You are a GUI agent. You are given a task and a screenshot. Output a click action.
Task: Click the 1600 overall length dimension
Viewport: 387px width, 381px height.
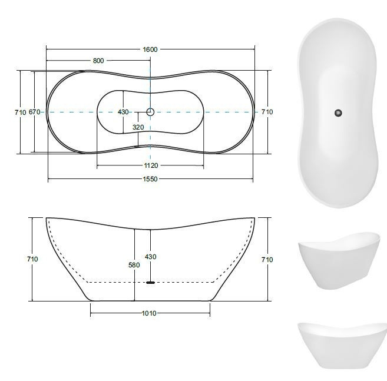(150, 49)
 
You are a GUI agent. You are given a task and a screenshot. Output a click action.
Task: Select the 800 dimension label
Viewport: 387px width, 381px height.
(98, 61)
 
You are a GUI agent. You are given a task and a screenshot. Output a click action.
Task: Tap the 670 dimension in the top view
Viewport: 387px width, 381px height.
(35, 112)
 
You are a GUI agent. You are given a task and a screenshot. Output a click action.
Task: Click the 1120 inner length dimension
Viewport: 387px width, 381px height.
(151, 165)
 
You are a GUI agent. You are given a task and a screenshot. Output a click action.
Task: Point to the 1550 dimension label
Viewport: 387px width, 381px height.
(150, 179)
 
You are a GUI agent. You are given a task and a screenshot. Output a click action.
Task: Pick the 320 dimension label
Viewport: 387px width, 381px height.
(138, 127)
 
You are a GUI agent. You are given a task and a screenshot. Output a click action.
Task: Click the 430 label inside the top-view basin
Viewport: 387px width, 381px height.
(123, 112)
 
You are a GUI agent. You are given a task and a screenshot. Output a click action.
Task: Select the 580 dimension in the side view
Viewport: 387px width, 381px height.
(134, 265)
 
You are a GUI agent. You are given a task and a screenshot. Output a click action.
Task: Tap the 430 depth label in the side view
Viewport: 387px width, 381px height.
(151, 257)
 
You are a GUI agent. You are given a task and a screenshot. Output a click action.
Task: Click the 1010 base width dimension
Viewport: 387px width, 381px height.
(149, 313)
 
